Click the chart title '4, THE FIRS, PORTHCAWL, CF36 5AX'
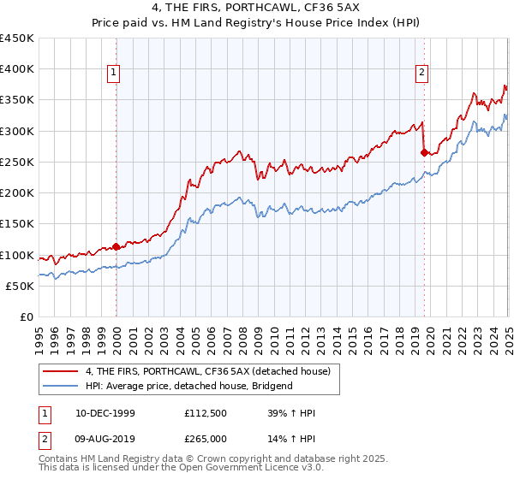coord(257,9)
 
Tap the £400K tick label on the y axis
coord(17,69)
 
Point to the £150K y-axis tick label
coord(17,224)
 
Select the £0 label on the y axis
coord(26,317)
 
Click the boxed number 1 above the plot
coord(114,74)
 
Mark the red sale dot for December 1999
coord(117,247)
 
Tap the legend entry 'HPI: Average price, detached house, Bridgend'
coord(188,386)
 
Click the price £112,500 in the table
coord(205,413)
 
